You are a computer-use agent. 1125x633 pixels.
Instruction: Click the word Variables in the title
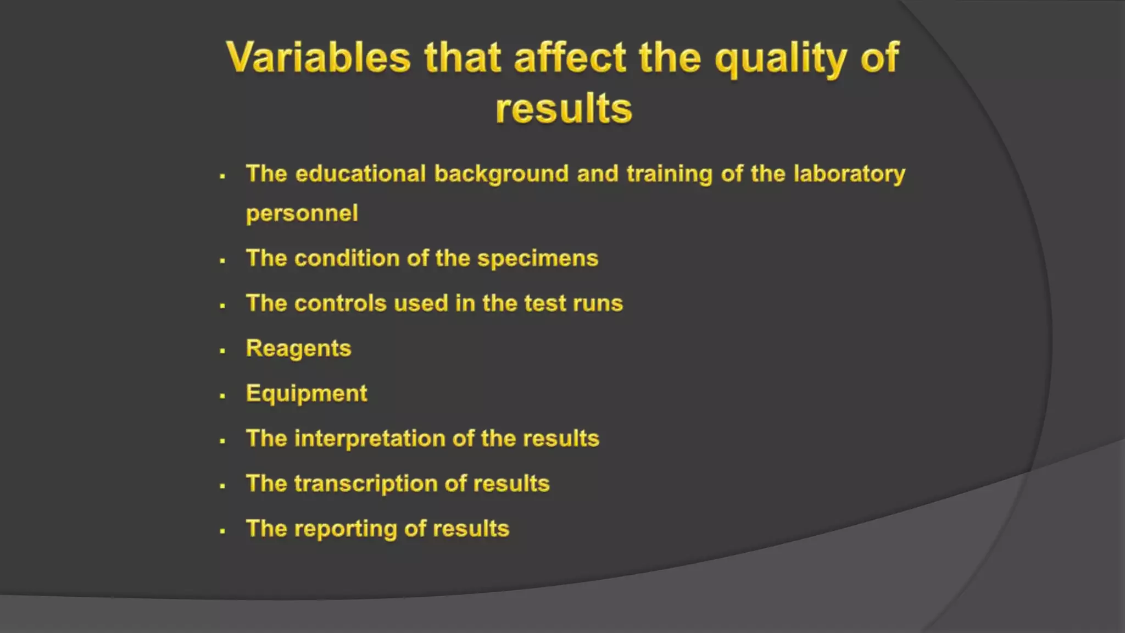tap(318, 57)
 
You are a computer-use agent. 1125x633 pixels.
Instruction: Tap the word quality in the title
tap(781, 58)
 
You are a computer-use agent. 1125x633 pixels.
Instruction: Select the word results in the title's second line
tap(564, 108)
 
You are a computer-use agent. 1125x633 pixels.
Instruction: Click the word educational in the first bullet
tap(360, 174)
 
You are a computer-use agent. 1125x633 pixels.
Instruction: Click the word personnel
tap(302, 213)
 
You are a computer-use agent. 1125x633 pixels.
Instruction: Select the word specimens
tap(537, 259)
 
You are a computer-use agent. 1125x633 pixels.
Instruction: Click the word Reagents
tap(298, 349)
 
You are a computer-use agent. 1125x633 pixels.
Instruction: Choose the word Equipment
tap(307, 394)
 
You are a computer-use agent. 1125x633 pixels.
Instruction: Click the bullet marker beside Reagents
tap(222, 351)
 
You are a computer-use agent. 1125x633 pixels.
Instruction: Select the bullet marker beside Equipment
tap(222, 396)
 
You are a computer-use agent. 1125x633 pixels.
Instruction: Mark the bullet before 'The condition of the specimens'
tap(222, 260)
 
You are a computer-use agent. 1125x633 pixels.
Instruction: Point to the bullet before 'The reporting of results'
tap(222, 531)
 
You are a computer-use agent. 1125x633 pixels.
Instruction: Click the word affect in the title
tap(570, 57)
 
